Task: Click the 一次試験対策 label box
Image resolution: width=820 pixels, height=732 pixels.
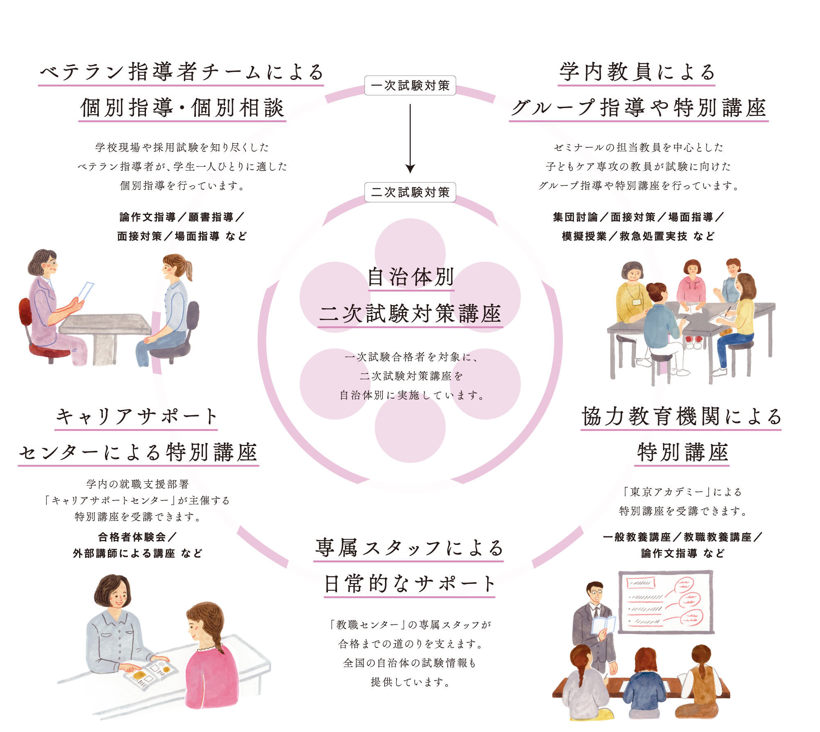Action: point(410,85)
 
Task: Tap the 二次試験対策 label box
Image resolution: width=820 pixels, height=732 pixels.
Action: point(410,192)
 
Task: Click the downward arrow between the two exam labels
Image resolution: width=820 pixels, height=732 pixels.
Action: point(410,140)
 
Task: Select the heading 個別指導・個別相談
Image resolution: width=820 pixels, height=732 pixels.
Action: point(182,108)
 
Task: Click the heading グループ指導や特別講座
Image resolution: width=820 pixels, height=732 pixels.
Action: point(638,108)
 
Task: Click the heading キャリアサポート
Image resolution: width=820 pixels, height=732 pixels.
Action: point(136,416)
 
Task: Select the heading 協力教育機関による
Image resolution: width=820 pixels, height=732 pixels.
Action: point(681,416)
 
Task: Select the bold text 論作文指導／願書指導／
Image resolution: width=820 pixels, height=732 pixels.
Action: point(182,217)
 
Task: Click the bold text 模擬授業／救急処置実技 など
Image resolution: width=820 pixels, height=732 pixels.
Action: point(638,236)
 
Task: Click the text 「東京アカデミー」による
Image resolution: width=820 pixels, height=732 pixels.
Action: point(682,492)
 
